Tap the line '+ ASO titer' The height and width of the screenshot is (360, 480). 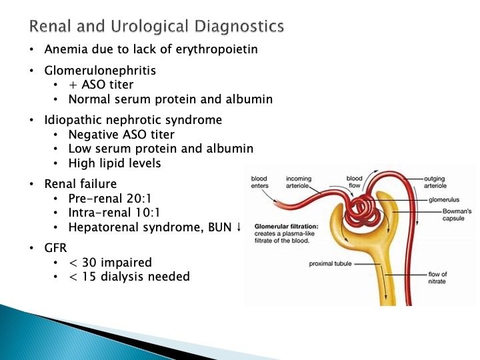pos(101,85)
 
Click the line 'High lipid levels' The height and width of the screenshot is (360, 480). pos(114,163)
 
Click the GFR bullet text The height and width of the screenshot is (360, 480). pos(56,249)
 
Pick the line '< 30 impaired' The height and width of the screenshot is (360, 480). pos(110,262)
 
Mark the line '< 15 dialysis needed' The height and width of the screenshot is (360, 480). pos(129,277)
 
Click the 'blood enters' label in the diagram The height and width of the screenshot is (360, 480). pos(259,183)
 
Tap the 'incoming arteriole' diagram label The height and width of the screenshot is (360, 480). pos(299,183)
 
